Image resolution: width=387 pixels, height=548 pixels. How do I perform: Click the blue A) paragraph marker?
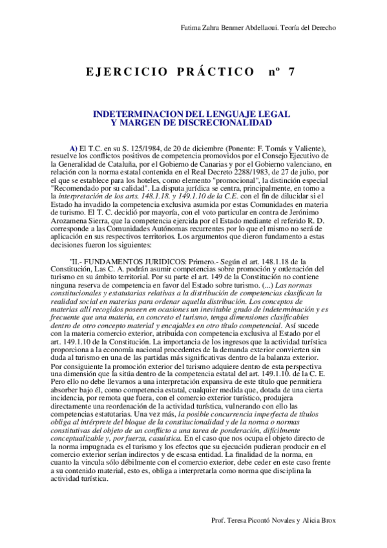[x=74, y=148]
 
